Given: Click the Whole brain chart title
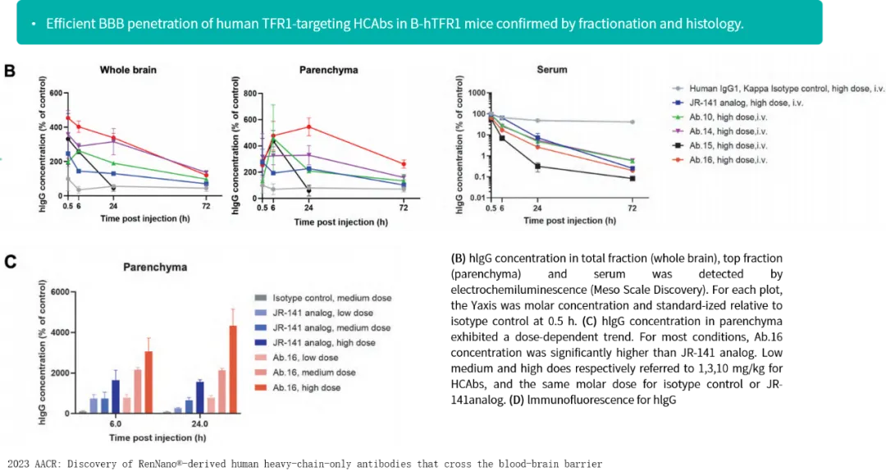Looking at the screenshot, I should tap(128, 70).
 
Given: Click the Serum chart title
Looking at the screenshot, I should tap(551, 70).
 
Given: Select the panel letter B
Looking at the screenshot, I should tap(10, 71).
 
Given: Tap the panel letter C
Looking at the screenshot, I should tap(10, 262).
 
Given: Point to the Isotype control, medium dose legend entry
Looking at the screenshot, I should tap(332, 298).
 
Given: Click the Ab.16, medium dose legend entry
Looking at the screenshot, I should tap(314, 373).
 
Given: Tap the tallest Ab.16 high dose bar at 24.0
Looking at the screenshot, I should tap(233, 369).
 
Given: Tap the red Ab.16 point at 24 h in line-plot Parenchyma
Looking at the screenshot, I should tap(308, 126).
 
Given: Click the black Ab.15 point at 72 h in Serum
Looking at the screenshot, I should tap(633, 178).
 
